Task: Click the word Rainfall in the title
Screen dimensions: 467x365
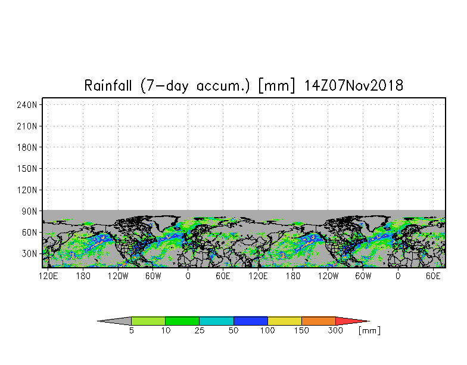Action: click(108, 86)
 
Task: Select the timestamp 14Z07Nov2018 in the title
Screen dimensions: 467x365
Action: click(354, 86)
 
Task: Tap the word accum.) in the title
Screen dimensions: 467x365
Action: click(223, 86)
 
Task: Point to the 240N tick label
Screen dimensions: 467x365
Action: click(27, 105)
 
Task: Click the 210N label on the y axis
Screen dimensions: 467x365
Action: click(27, 126)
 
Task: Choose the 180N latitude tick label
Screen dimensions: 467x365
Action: click(27, 147)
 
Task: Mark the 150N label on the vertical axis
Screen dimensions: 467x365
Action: click(27, 168)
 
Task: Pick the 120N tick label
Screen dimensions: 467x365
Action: click(27, 190)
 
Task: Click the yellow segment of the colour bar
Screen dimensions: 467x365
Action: click(285, 321)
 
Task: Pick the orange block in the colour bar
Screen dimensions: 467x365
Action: click(319, 321)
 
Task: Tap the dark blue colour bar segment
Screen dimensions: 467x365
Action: click(251, 321)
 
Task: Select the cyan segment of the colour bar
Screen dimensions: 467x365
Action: click(217, 321)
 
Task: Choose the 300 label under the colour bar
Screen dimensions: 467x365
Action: click(336, 330)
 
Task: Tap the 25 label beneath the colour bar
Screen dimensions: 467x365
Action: click(200, 330)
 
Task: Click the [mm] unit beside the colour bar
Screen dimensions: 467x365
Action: click(369, 330)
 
